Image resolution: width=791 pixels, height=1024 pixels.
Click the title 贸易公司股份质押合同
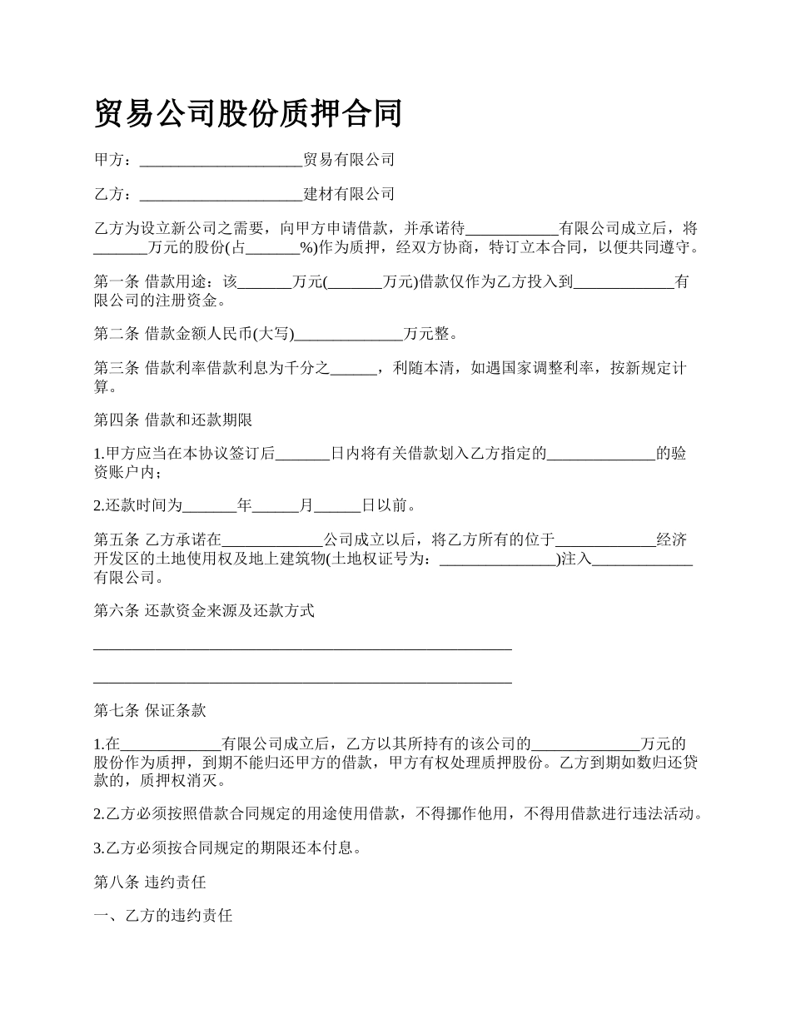[248, 114]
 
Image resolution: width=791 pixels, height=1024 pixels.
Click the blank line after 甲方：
[221, 161]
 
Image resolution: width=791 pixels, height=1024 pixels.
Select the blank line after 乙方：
[221, 196]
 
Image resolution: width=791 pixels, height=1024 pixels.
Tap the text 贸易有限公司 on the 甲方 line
[349, 160]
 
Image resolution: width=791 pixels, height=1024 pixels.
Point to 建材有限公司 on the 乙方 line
[349, 195]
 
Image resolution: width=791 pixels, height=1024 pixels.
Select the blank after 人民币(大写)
[349, 335]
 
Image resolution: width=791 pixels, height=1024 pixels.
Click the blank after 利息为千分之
[354, 369]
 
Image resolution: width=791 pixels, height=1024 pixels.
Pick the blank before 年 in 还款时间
[209, 506]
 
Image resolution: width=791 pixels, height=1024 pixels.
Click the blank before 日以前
[337, 506]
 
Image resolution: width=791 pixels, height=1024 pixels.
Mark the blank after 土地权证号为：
[497, 559]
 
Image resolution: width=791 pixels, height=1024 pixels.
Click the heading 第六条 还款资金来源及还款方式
[204, 611]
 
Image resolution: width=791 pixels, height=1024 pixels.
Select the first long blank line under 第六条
[302, 648]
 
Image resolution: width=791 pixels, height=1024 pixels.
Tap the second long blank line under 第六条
[302, 682]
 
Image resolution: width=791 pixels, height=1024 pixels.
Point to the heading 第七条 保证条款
[150, 711]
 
